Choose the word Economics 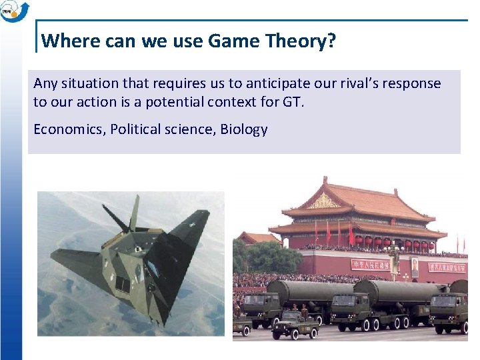(69, 129)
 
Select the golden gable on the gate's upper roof (325, 201)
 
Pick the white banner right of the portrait (448, 266)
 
